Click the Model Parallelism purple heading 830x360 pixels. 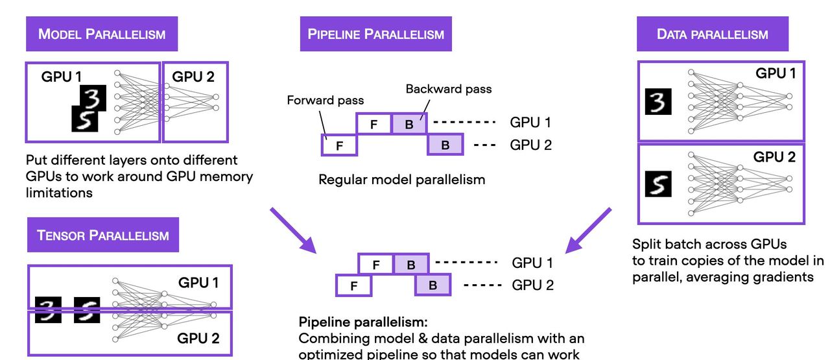pyautogui.click(x=102, y=34)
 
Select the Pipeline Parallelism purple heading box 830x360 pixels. pyautogui.click(x=375, y=34)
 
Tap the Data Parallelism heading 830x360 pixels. pyautogui.click(x=712, y=34)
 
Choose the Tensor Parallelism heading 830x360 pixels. pyautogui.click(x=103, y=234)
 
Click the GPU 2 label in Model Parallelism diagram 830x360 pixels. pyautogui.click(x=193, y=77)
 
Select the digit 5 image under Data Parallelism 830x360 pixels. pyautogui.click(x=658, y=185)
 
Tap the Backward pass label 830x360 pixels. pyautogui.click(x=449, y=88)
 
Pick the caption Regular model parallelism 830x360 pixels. pyautogui.click(x=401, y=179)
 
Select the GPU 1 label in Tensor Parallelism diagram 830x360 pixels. pyautogui.click(x=198, y=283)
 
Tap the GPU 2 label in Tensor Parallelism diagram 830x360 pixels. pyautogui.click(x=198, y=337)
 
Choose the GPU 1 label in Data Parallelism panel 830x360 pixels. pyautogui.click(x=775, y=73)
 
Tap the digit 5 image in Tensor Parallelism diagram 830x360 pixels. pyautogui.click(x=87, y=309)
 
